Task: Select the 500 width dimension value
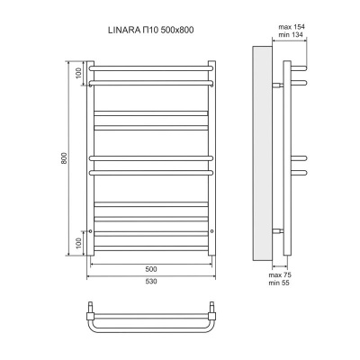click(x=150, y=269)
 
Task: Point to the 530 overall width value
click(x=150, y=284)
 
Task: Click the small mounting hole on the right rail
click(x=211, y=230)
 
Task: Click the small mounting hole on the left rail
click(x=90, y=230)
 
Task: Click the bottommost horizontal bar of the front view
click(x=150, y=247)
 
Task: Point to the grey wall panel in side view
click(x=263, y=153)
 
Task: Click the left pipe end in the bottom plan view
click(x=91, y=310)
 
